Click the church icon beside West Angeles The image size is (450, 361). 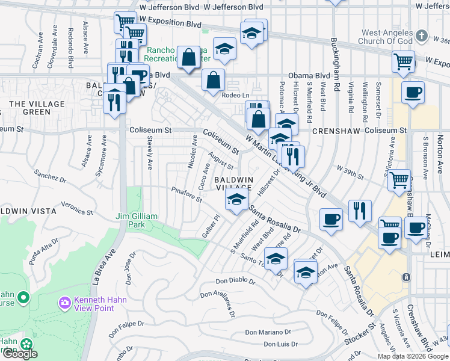pyautogui.click(x=422, y=35)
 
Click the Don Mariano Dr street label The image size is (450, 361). pyautogui.click(x=268, y=332)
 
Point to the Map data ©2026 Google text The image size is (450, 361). pyautogui.click(x=413, y=356)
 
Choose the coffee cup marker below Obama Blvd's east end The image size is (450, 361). pyautogui.click(x=413, y=93)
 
